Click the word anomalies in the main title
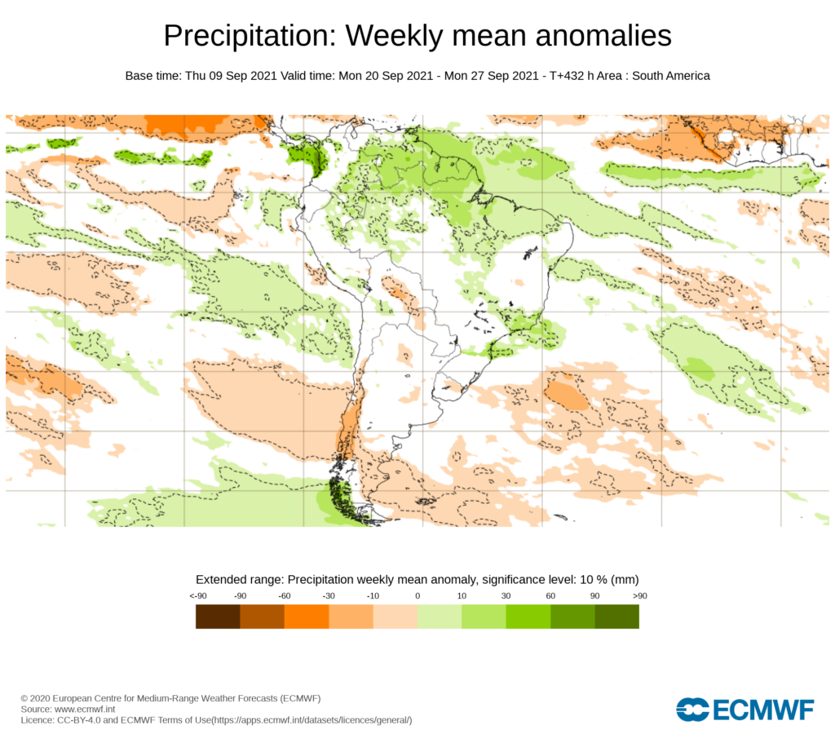click(602, 36)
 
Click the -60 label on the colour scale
click(285, 596)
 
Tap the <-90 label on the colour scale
click(197, 596)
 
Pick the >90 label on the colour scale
click(638, 596)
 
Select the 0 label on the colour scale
click(417, 596)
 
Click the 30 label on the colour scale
click(506, 596)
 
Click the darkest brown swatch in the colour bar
click(218, 617)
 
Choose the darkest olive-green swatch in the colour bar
click(616, 617)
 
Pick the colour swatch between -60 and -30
click(307, 617)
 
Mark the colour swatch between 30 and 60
click(528, 617)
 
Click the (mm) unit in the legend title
click(625, 579)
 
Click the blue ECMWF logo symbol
click(692, 710)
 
